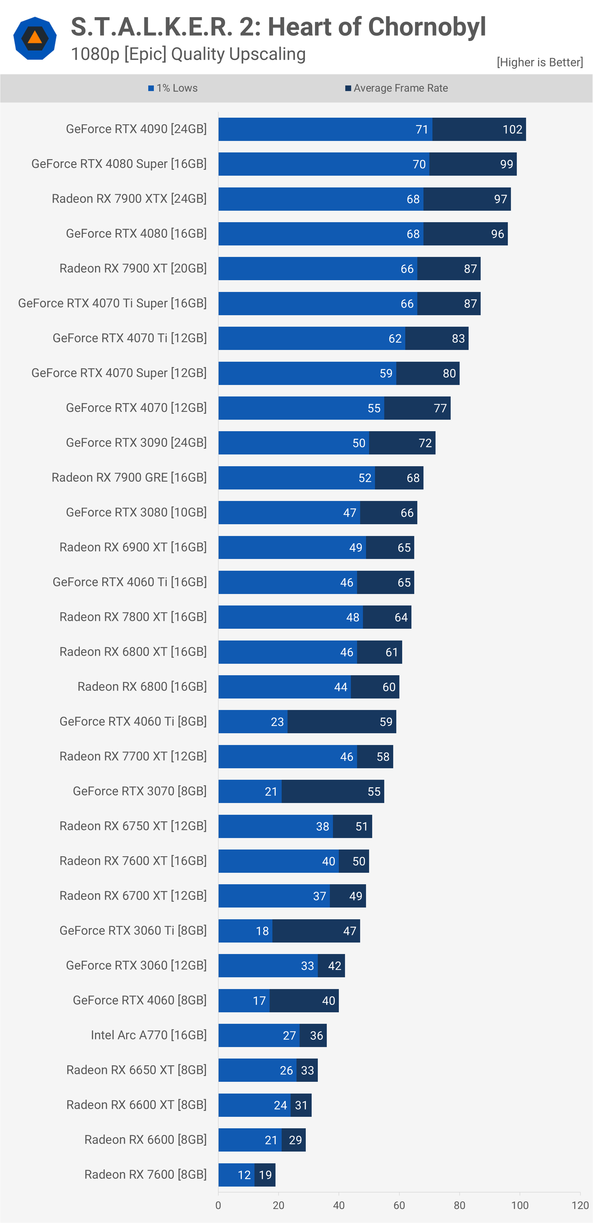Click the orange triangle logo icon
(x=35, y=38)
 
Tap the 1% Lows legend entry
(x=173, y=88)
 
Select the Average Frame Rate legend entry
(x=397, y=88)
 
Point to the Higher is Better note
(x=539, y=62)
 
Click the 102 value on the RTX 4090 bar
(x=512, y=130)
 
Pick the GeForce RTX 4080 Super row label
(x=119, y=164)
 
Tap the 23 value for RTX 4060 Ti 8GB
(x=277, y=722)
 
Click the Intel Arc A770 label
(x=149, y=1035)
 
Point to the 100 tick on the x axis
(x=519, y=1205)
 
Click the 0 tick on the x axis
(x=218, y=1205)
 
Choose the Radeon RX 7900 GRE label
(x=129, y=478)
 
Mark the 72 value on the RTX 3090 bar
(x=425, y=443)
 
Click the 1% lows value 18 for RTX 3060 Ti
(x=262, y=931)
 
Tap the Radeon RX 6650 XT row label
(x=136, y=1070)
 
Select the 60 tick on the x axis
(x=399, y=1205)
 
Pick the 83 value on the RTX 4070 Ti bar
(x=458, y=338)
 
